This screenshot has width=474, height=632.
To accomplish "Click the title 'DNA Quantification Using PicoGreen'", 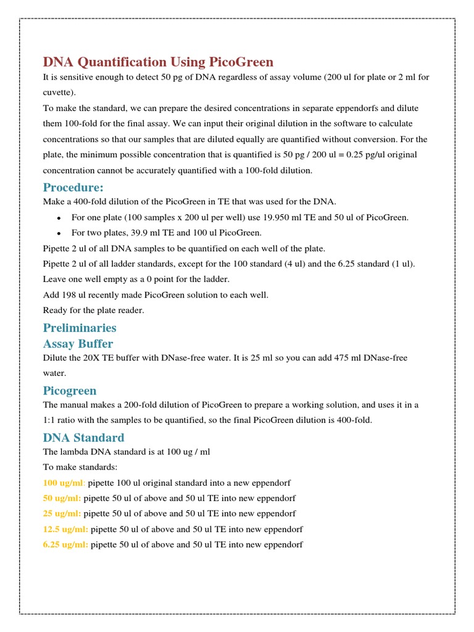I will [157, 62].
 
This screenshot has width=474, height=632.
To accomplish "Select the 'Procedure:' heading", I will [73, 187].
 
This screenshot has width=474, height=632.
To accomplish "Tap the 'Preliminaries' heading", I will [79, 327].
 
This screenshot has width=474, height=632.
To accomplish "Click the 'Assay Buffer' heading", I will [78, 343].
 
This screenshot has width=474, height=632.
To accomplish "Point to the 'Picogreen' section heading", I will [70, 390].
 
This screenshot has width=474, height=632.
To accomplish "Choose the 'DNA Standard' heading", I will [83, 438].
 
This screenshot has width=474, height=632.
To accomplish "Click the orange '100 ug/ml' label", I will [64, 482].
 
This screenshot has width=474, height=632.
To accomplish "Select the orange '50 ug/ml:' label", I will [62, 497].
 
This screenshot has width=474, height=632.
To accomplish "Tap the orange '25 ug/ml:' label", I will [62, 513].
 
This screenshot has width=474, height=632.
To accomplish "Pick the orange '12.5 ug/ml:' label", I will [65, 529].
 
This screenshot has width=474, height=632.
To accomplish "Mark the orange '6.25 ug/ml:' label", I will [65, 544].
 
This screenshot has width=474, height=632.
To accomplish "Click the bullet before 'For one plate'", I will [57, 218].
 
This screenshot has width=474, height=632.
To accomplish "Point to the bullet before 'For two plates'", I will [57, 233].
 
